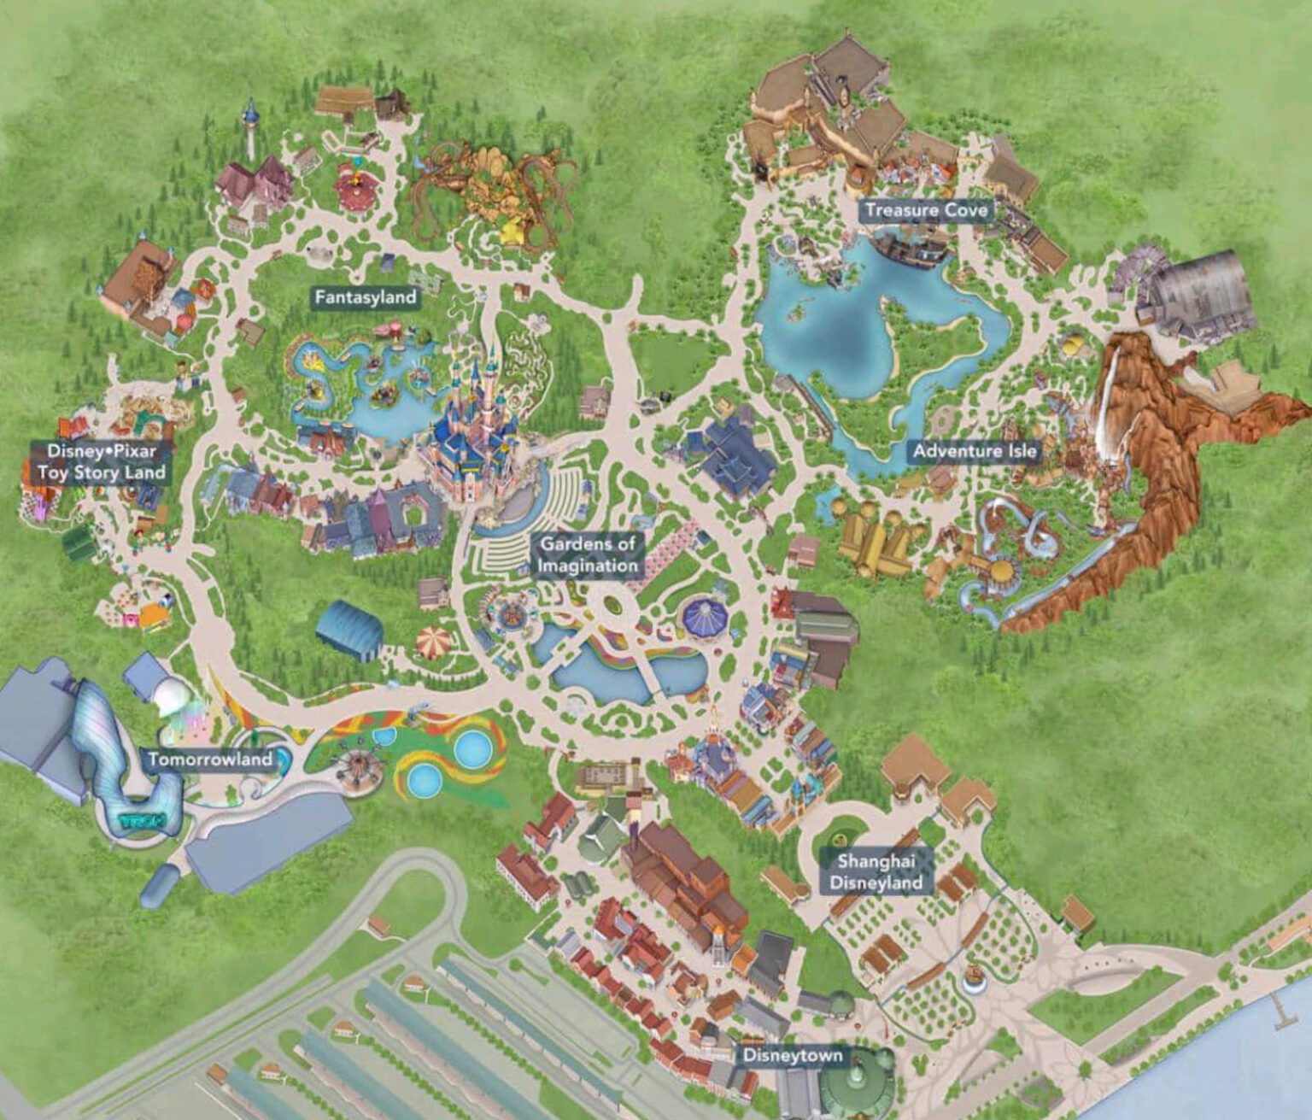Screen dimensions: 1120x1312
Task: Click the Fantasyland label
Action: pos(365,297)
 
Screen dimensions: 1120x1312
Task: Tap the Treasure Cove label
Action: pos(926,210)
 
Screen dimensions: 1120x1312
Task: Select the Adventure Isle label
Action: pos(975,450)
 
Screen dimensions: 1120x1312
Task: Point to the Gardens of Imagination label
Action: pos(589,554)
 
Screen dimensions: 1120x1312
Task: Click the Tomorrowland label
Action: pos(209,759)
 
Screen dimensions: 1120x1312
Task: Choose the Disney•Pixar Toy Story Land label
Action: pos(101,461)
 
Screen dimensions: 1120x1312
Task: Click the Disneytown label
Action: pos(792,1056)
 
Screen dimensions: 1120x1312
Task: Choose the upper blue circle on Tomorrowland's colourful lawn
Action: pos(471,749)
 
